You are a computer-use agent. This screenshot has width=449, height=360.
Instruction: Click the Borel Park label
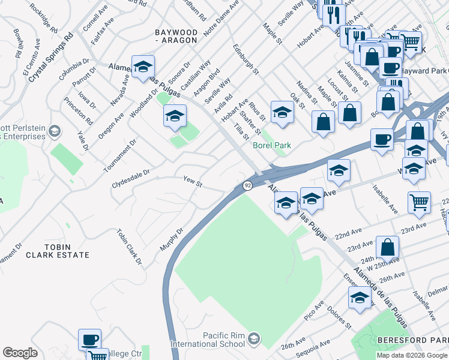[x=272, y=145]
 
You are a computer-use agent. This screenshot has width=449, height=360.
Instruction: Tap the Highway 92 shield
[x=247, y=186]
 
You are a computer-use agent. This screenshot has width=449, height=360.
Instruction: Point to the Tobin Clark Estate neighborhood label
[x=65, y=251]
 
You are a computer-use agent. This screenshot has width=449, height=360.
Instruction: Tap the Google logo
[x=20, y=353]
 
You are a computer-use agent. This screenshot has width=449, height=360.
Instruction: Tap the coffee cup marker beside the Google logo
[x=90, y=340]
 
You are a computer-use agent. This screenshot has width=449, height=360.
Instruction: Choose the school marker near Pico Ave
[x=360, y=297]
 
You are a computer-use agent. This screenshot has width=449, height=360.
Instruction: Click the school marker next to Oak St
[x=282, y=112]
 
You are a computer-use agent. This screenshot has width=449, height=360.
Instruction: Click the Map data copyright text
[x=412, y=355]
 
